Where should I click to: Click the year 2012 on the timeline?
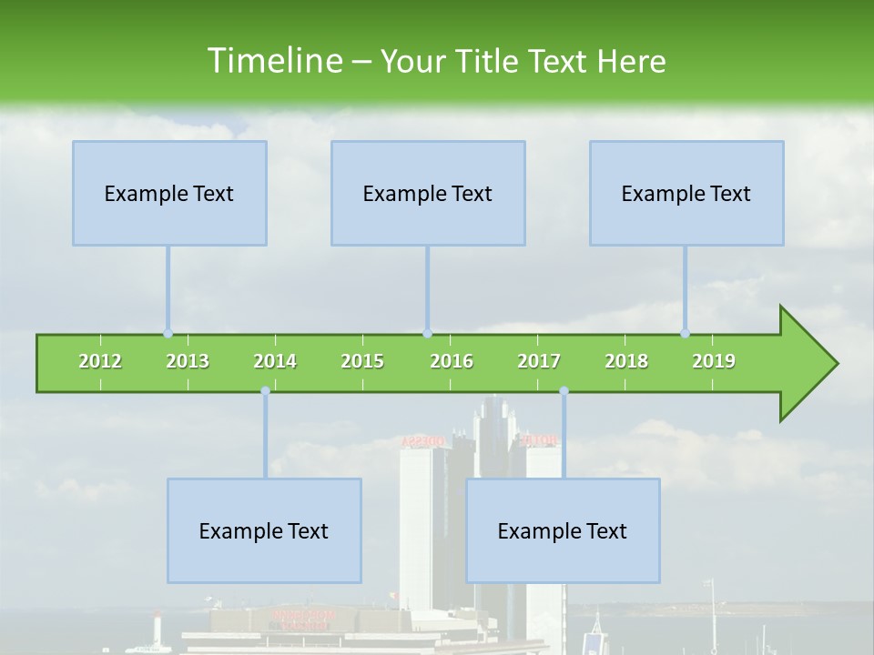[x=100, y=361]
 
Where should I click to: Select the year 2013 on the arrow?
[x=188, y=361]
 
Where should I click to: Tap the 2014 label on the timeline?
[x=275, y=361]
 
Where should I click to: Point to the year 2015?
[x=362, y=361]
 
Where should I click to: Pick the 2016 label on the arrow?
[x=452, y=361]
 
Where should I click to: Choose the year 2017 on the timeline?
[x=539, y=361]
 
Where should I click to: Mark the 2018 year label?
[x=626, y=361]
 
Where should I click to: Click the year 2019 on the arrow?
[x=714, y=361]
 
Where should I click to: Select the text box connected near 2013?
[x=169, y=193]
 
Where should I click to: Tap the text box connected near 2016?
[x=428, y=193]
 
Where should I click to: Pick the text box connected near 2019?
[x=686, y=193]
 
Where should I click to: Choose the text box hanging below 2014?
[x=264, y=530]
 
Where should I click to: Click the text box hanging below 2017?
[x=563, y=530]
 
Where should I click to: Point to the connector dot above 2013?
[x=168, y=334]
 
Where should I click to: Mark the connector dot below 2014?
[x=265, y=391]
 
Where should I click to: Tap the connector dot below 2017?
[x=564, y=391]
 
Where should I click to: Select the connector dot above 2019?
[x=686, y=334]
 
